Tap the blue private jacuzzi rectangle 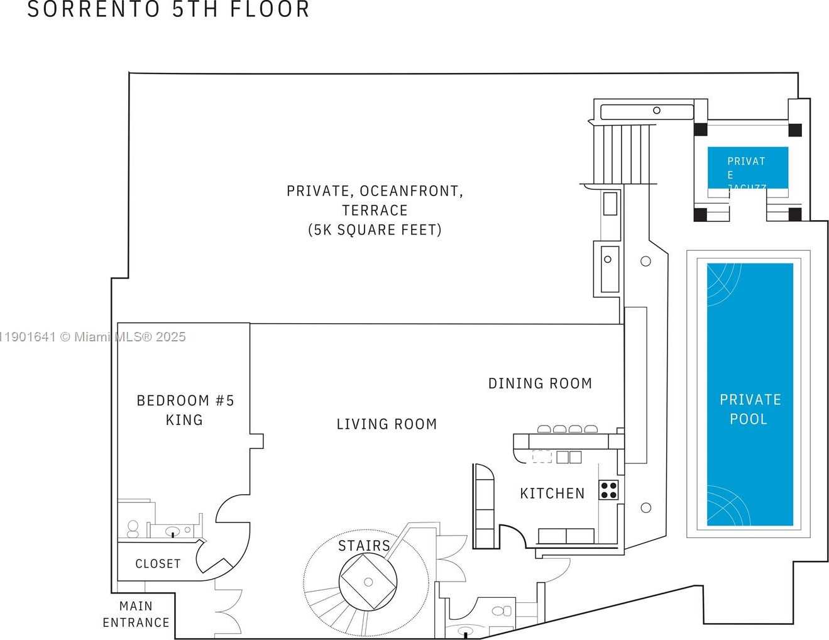(747, 167)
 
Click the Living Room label (387, 424)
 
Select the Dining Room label (540, 383)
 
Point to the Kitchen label (552, 494)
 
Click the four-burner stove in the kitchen (608, 490)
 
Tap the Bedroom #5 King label (185, 410)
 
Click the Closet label (158, 564)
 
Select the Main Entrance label (136, 614)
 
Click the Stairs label (364, 546)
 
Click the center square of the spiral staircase (368, 582)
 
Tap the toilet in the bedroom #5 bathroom (133, 528)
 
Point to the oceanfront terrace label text (375, 210)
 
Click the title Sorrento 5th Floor (168, 9)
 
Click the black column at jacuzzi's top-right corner (795, 130)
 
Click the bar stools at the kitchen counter (568, 429)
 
